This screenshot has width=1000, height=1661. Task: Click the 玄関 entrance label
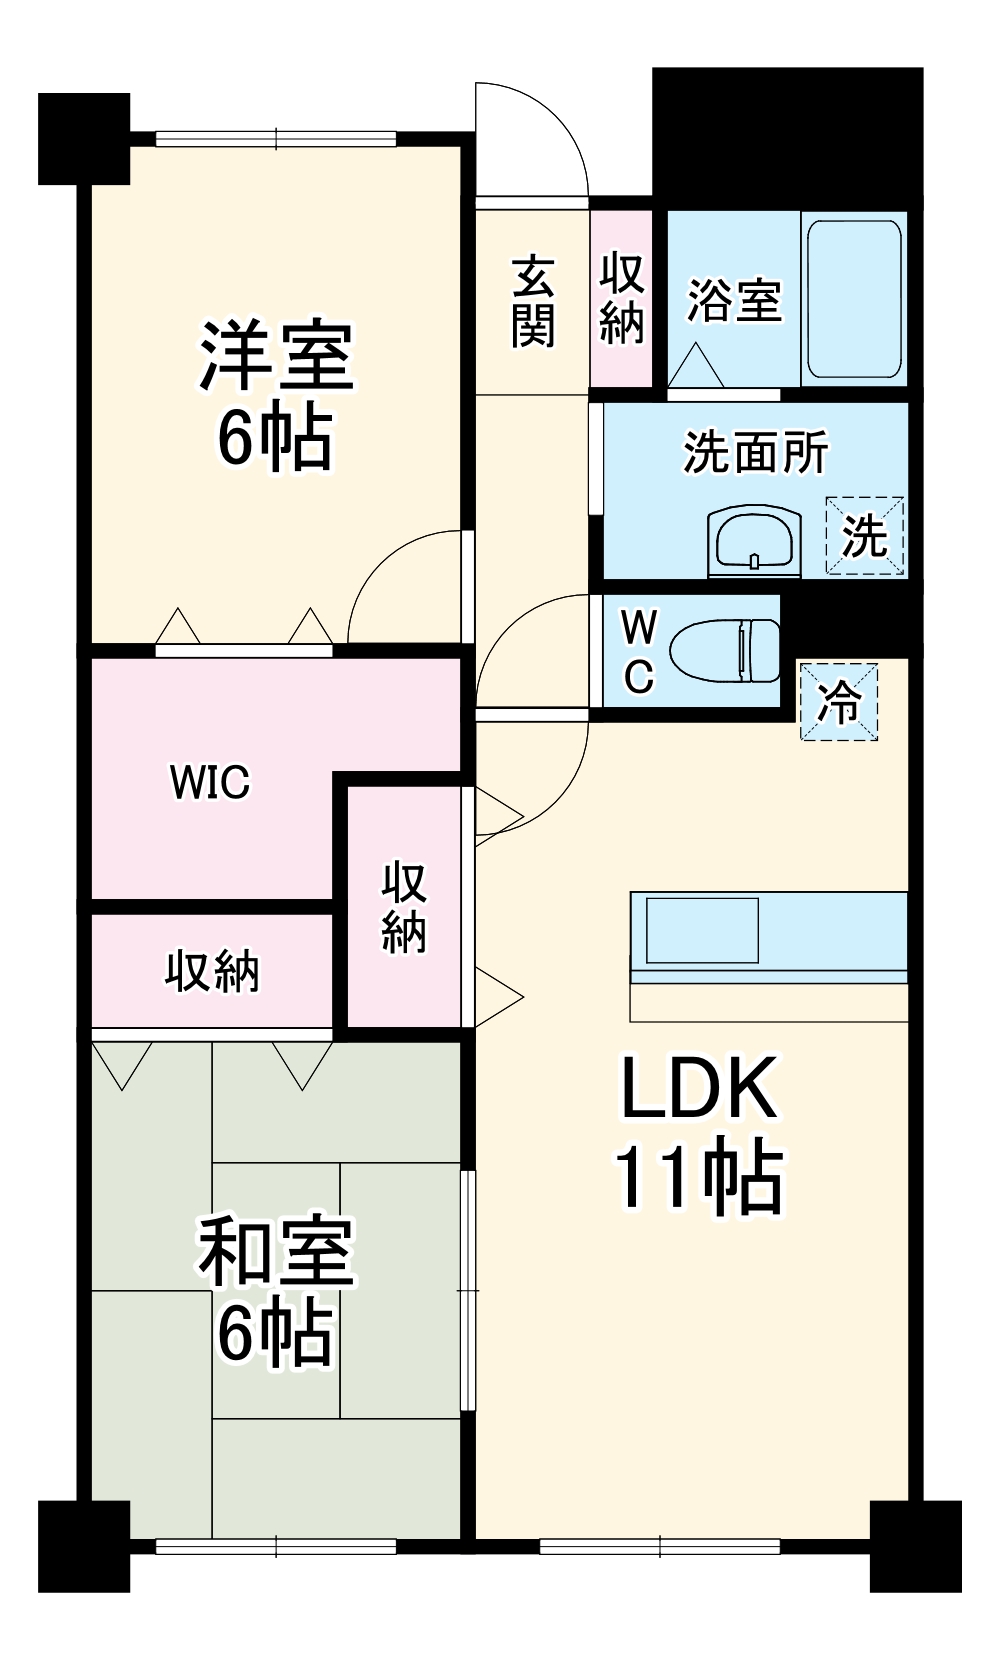click(x=533, y=301)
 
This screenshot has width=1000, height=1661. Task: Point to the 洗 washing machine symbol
click(x=864, y=536)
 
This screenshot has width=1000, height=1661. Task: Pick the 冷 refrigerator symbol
click(x=838, y=701)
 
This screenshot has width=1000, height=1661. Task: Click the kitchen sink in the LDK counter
click(x=702, y=930)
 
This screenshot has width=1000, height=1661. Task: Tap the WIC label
click(x=210, y=782)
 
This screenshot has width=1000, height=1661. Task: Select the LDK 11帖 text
click(x=698, y=1133)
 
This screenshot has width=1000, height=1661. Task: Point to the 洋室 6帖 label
click(x=276, y=396)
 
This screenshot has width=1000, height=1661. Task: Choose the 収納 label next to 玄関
click(x=621, y=299)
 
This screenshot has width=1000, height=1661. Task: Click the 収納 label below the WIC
click(x=212, y=971)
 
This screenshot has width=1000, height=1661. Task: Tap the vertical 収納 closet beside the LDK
click(x=404, y=907)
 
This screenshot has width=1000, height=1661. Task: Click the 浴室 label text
click(x=733, y=299)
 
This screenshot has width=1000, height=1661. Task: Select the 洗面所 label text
click(x=755, y=452)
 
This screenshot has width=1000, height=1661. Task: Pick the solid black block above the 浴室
click(x=787, y=135)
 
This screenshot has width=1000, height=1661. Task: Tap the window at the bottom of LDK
click(x=659, y=1546)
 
